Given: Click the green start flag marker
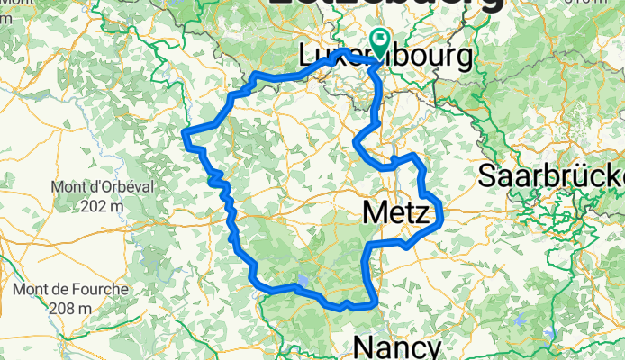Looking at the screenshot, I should click(x=379, y=41).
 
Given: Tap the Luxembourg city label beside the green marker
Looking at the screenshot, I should click(x=385, y=58).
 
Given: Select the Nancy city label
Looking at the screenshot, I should click(x=397, y=347).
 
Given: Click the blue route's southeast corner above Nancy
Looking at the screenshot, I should click(x=372, y=304).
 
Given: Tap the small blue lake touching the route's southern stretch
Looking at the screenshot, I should click(x=303, y=282).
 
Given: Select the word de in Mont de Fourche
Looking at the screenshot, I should click(x=58, y=291).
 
